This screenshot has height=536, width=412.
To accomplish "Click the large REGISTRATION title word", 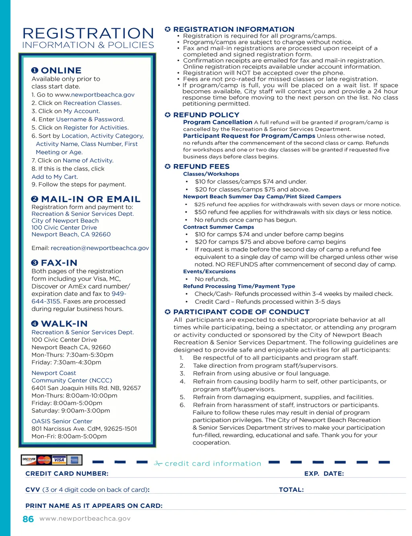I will coord(88,33).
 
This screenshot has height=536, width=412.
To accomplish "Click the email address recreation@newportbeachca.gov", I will coord(100,248).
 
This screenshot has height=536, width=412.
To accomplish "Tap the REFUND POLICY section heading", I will coord(206,115).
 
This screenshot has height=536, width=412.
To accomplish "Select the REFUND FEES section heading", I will coord(201,166).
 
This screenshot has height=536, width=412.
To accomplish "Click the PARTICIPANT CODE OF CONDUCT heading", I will coord(241,312).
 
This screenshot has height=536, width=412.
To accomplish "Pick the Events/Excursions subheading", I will coord(209,272).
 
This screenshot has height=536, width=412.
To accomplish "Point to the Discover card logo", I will coord(29,460).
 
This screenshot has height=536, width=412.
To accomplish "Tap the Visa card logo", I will coord(59,460).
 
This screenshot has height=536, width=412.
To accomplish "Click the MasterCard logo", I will coord(44,460).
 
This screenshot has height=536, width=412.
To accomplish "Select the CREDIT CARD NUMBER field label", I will coord(67,474).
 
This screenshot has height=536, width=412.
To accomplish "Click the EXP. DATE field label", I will coord(324,474).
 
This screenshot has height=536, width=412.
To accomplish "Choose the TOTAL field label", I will coord(291,490).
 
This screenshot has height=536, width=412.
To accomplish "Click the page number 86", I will coord(28,519).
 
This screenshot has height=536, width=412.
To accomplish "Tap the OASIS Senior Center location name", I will coord(62,421).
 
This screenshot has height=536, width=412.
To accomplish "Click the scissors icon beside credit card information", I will coord(158,464).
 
